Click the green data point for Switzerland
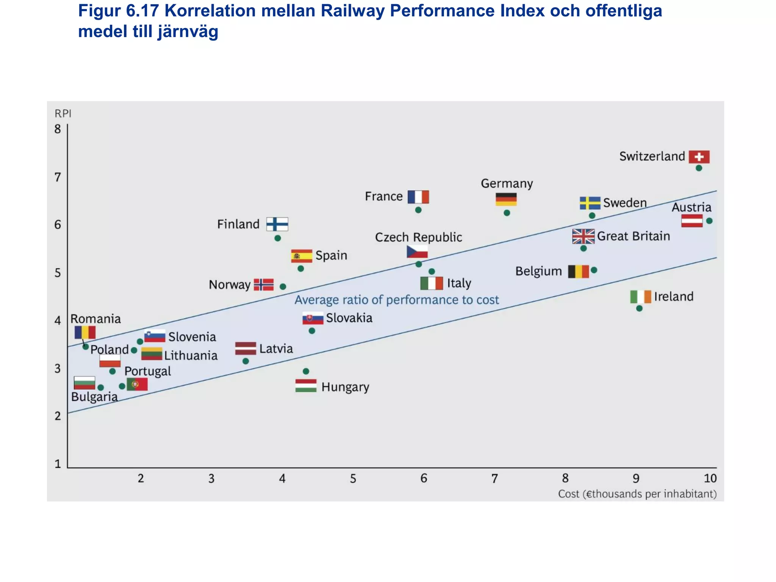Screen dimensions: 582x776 click(x=699, y=168)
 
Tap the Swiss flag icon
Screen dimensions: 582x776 click(x=699, y=156)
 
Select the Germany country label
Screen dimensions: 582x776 click(x=507, y=183)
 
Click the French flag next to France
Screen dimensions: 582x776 click(x=418, y=197)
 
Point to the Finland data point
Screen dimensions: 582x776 click(x=277, y=238)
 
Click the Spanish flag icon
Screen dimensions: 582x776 click(x=302, y=256)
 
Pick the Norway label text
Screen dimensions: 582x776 click(x=230, y=285)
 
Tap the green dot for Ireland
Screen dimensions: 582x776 click(x=639, y=308)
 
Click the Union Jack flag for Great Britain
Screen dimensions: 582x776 click(x=583, y=236)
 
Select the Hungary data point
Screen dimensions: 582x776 click(x=306, y=371)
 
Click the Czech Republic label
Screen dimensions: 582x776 click(x=418, y=237)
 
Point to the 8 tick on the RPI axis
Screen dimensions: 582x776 click(x=58, y=129)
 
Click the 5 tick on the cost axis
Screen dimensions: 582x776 click(x=353, y=479)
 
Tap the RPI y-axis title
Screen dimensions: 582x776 click(x=63, y=114)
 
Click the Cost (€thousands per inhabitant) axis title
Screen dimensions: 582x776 click(x=637, y=494)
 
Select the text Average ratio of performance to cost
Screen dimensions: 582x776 click(x=396, y=300)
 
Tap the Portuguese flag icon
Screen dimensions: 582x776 click(x=137, y=384)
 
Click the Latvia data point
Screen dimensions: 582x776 click(x=246, y=361)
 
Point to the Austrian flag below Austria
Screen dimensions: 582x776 click(x=692, y=221)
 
